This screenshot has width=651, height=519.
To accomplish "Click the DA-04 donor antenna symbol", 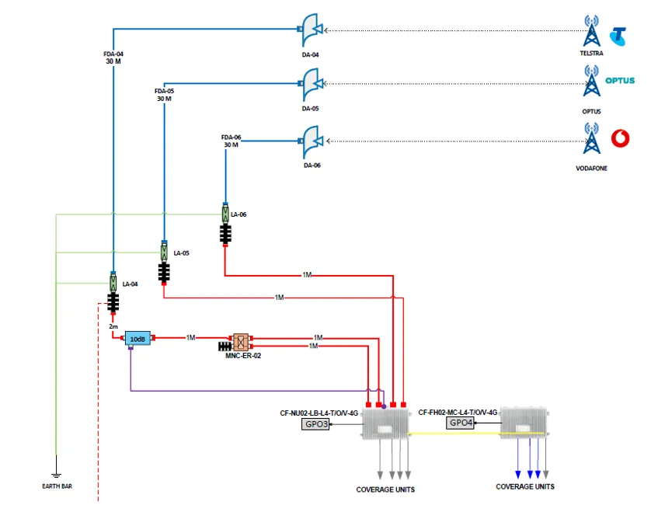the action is [311, 30].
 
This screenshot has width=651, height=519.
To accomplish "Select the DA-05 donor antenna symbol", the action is [311, 84].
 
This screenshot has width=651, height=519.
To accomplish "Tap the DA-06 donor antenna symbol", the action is [311, 142].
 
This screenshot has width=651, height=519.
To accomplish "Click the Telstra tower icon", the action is [591, 31].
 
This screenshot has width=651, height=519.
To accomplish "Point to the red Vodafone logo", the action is [620, 138].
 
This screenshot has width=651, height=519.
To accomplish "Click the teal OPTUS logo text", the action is [620, 81].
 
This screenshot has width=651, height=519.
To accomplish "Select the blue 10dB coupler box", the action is [138, 340].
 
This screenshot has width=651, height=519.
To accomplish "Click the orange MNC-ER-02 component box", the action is [241, 342].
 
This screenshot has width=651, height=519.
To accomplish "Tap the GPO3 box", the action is [315, 424].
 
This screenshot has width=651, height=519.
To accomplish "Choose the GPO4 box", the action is [460, 423].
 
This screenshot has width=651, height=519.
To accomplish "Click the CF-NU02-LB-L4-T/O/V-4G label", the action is [319, 413].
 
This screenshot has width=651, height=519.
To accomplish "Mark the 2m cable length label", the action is [113, 327].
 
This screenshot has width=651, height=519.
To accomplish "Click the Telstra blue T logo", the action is [618, 37].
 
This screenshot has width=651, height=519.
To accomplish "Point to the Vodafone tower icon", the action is [591, 138].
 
